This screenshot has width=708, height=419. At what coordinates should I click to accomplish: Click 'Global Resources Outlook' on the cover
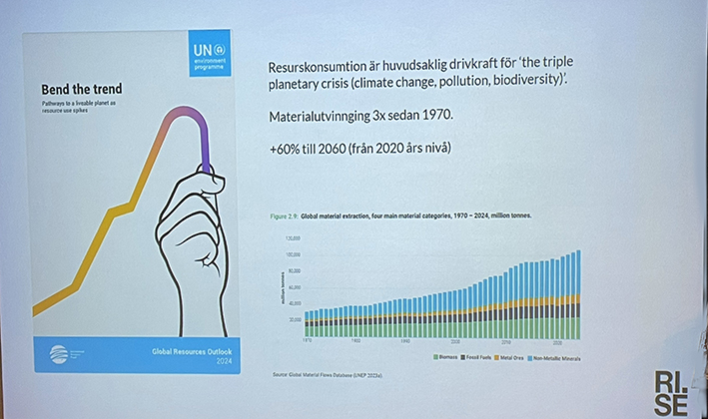pos(186,352)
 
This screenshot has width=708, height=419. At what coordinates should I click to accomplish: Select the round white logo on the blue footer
pos(59,355)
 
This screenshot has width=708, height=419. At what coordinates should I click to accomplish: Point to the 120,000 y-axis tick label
pos(293,239)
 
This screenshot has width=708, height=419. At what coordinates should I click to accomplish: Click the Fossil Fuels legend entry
pos(476,357)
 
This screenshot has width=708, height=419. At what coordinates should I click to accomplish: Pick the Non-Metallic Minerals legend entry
pos(556,357)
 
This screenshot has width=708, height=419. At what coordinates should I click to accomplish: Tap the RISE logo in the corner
pos(671,390)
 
